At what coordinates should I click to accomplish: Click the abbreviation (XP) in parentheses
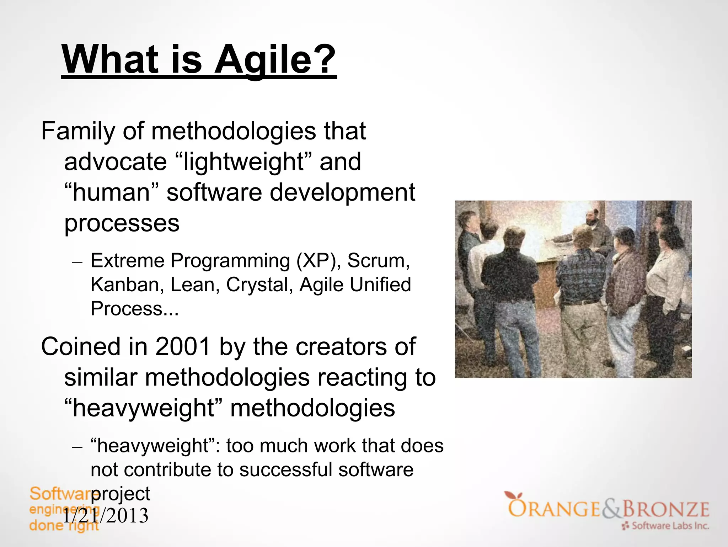[318, 261]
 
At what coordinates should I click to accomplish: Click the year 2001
[183, 346]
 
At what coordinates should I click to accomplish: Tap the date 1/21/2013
[106, 516]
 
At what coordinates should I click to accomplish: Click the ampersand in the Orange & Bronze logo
[611, 509]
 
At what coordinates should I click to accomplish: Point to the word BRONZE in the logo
[665, 509]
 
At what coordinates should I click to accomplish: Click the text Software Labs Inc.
[670, 526]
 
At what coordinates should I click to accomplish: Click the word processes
[122, 223]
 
